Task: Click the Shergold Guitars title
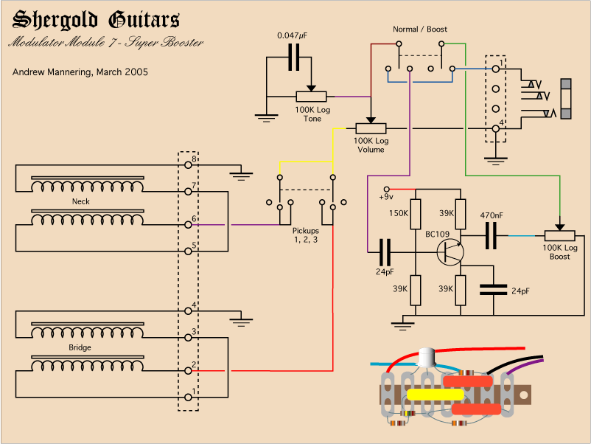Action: [97, 20]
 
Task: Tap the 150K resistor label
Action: [398, 213]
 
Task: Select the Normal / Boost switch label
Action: [420, 30]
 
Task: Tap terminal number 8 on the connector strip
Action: [194, 159]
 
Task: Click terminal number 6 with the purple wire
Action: [194, 219]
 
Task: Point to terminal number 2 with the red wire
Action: [194, 364]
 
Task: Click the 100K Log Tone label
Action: [312, 114]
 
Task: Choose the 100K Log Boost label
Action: [560, 252]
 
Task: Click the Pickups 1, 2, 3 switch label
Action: [306, 235]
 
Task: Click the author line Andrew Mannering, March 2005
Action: [80, 72]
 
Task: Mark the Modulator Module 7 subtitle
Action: [105, 43]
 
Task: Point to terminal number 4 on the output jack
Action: [501, 123]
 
